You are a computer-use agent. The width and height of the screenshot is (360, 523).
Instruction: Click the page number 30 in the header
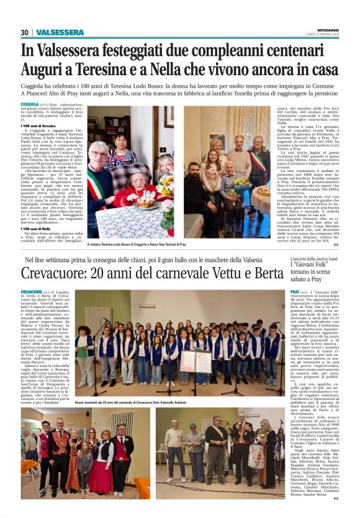click(25, 32)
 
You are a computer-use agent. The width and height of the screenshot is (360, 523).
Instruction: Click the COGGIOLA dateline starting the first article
click(29, 105)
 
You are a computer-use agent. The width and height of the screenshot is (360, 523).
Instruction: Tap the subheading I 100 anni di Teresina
click(39, 125)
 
